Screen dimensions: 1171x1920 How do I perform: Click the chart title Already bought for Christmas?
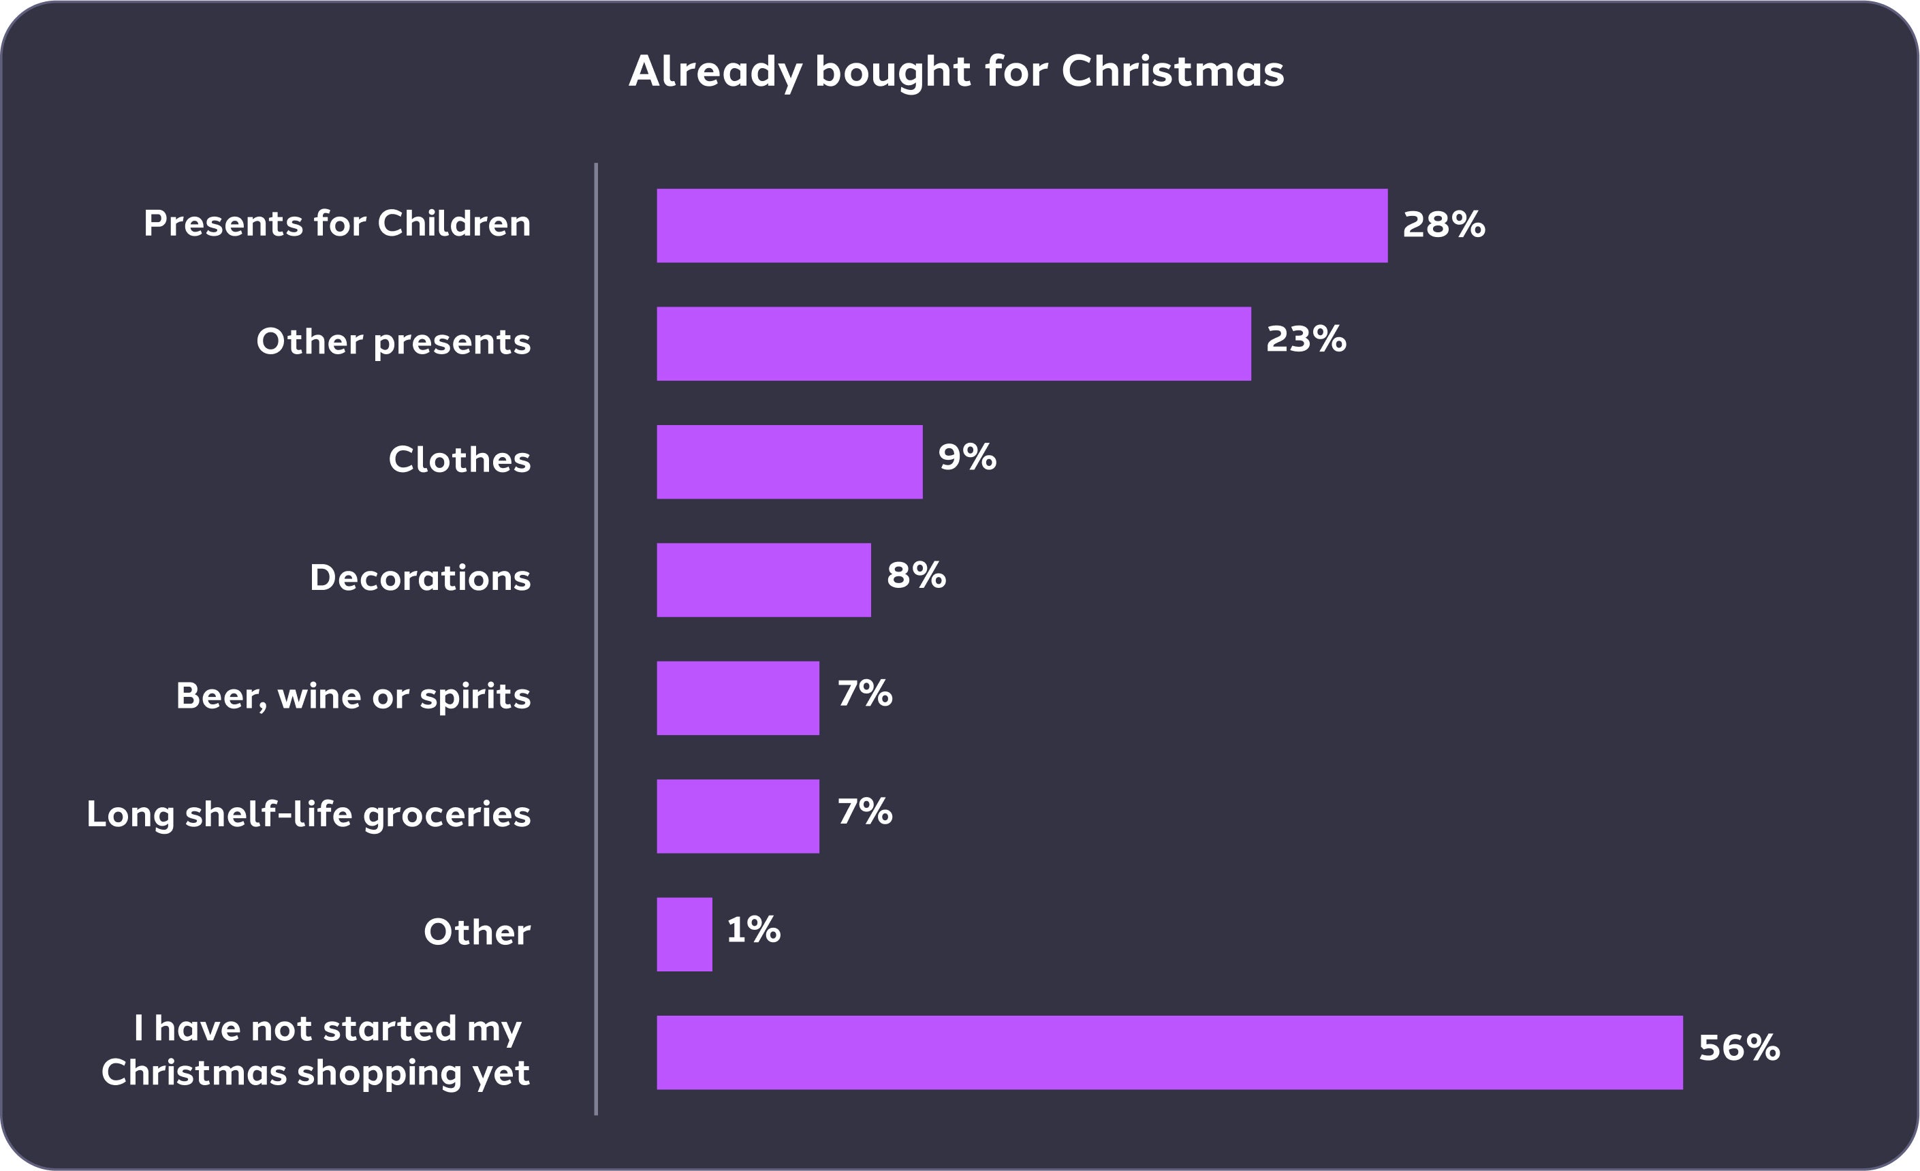(956, 72)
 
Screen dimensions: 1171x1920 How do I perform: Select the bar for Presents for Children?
(1022, 225)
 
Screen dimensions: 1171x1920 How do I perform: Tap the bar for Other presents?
(954, 343)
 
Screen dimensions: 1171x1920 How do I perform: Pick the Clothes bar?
(789, 462)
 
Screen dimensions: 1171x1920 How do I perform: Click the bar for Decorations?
(764, 580)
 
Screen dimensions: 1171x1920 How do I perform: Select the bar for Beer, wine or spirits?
(738, 698)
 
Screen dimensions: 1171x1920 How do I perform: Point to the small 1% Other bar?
(684, 934)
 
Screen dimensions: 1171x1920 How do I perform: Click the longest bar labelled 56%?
(1169, 1052)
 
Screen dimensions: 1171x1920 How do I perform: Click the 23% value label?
(1306, 340)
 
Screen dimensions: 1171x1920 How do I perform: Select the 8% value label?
(915, 576)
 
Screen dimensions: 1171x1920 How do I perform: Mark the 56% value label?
(1740, 1048)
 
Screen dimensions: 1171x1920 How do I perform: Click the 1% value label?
(753, 929)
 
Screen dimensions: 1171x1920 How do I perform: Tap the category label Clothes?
(459, 460)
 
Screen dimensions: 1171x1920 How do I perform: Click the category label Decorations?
(420, 578)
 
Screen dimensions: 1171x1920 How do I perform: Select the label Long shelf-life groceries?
(309, 815)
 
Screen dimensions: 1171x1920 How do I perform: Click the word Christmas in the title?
(1172, 72)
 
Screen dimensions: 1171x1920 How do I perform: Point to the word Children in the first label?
(454, 223)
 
